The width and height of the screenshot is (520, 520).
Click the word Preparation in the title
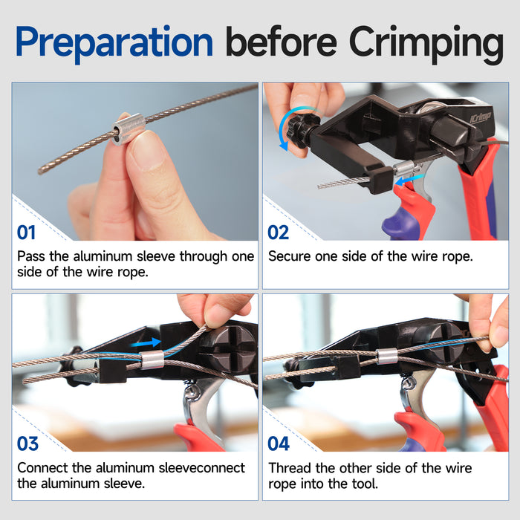(114, 43)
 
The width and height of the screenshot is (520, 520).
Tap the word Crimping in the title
(426, 44)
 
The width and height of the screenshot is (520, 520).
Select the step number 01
(26, 232)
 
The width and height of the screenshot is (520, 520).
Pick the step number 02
(278, 232)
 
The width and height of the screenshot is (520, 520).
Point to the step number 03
(27, 443)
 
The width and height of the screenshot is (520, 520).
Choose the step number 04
(279, 443)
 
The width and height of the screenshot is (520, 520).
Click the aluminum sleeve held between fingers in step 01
(128, 129)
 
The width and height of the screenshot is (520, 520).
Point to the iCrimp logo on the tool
(481, 118)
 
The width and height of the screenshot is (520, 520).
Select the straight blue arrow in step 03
(146, 343)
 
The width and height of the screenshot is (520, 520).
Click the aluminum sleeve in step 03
(152, 360)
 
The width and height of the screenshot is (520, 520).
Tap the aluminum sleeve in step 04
(387, 356)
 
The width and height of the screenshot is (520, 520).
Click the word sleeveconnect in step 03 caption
(201, 468)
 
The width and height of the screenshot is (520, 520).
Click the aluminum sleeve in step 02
(404, 169)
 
